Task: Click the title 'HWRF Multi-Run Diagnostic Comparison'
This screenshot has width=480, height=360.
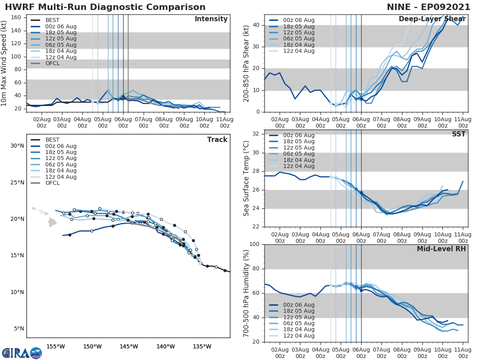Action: coord(105,7)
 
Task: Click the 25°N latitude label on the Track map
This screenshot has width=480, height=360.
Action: coord(17,182)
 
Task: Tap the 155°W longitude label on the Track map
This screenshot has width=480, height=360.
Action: coord(56,346)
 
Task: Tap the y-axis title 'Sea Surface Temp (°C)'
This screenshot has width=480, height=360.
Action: coord(246,178)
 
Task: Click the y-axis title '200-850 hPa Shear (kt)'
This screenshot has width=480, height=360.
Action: coord(246,63)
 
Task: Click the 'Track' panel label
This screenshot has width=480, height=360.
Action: coord(217,140)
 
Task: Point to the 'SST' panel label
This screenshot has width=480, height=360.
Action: coord(459,134)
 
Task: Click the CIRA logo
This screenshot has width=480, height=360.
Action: coord(22,353)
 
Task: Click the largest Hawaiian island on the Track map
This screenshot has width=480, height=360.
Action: coord(52,222)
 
